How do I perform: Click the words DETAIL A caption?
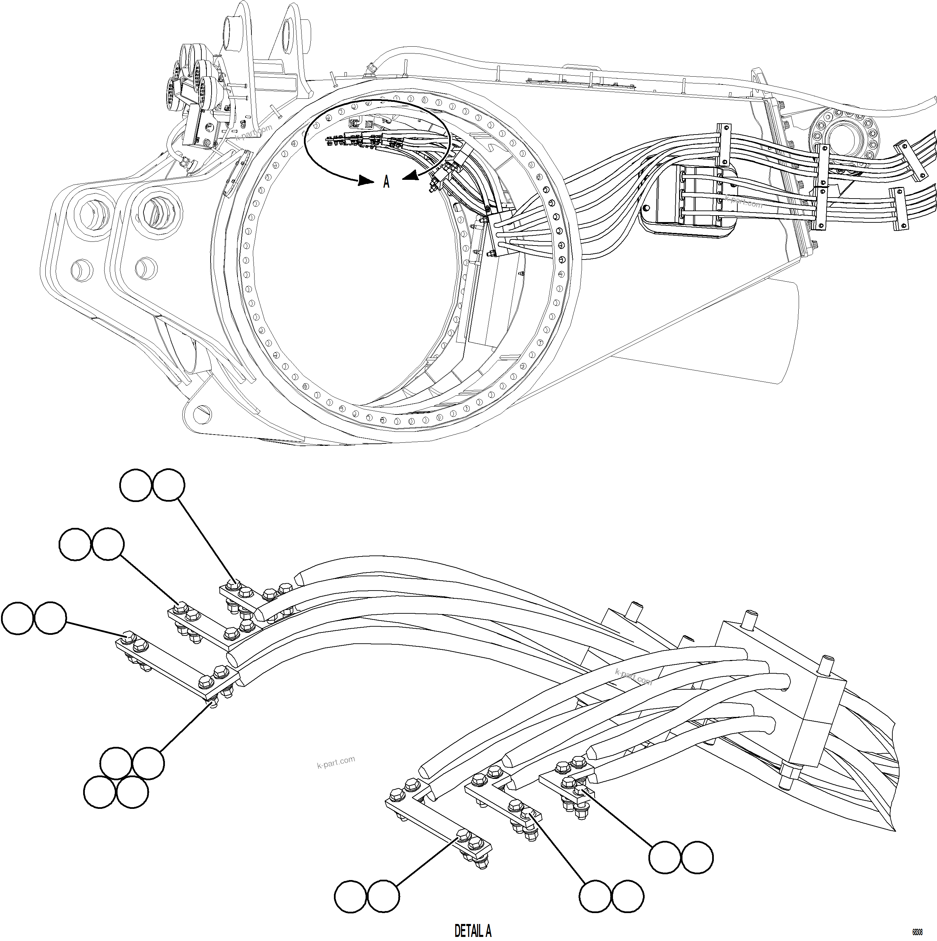(x=472, y=931)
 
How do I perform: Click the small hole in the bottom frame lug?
(x=200, y=414)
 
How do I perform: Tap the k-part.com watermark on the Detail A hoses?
(x=633, y=677)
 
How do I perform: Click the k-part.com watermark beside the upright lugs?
(x=254, y=133)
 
